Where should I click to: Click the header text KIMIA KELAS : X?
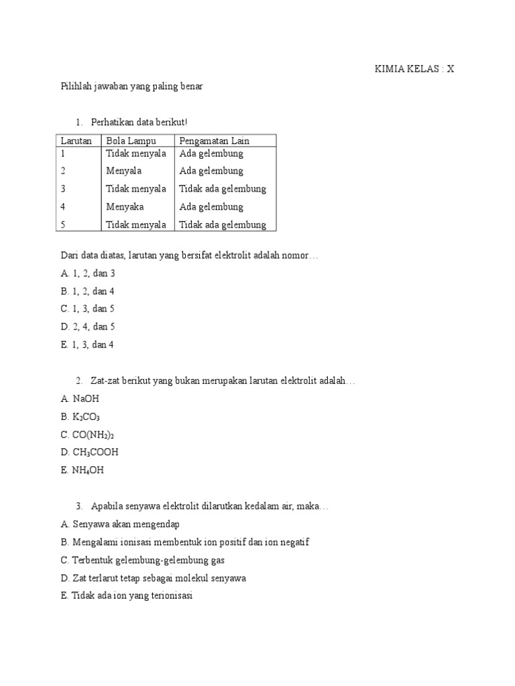(414, 69)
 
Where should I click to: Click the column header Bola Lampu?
(131, 140)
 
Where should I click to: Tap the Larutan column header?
(76, 140)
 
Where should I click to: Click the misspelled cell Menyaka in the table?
(125, 207)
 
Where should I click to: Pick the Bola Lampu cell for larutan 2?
(124, 171)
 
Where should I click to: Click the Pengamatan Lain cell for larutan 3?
(223, 189)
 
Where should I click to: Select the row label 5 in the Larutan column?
(63, 225)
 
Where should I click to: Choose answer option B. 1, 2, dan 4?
(87, 291)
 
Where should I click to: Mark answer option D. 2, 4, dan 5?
(87, 327)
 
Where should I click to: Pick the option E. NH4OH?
(82, 470)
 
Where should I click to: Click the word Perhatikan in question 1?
(113, 122)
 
